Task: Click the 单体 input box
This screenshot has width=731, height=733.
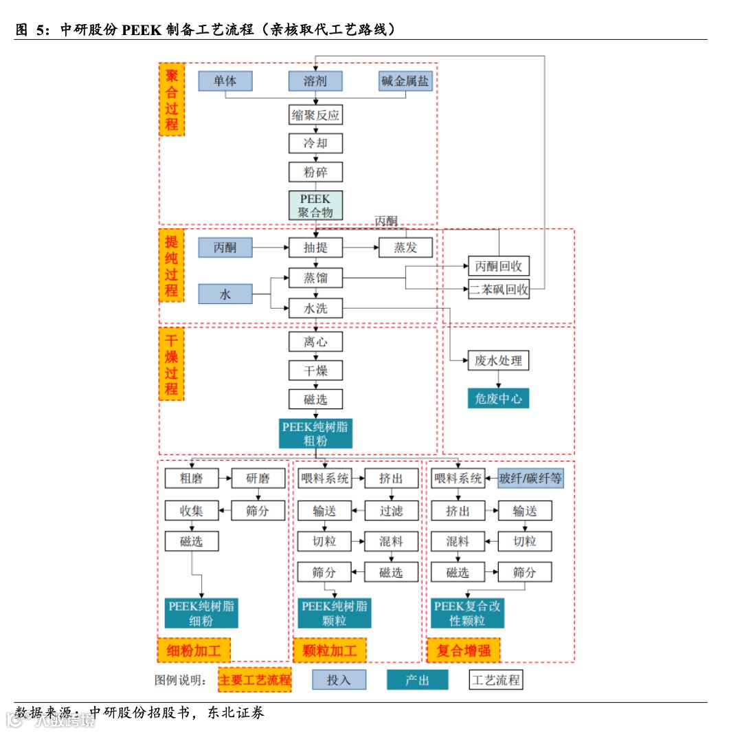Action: pos(225,81)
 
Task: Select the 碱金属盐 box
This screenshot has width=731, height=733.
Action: pos(405,81)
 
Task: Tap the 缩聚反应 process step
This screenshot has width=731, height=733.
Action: pos(315,115)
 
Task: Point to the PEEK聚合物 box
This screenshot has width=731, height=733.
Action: pos(315,206)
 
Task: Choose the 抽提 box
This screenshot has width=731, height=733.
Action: pos(315,248)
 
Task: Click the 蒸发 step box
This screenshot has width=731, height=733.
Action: pos(405,248)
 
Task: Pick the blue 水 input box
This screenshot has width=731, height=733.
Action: pos(225,294)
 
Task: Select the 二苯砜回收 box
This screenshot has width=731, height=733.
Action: pos(499,289)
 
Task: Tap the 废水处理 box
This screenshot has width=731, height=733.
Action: pos(499,360)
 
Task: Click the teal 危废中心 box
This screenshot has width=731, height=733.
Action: pos(499,398)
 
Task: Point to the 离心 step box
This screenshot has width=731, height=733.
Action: pos(315,342)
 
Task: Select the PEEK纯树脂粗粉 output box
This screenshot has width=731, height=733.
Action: pos(315,434)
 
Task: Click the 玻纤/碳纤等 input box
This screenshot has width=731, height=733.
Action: pos(530,478)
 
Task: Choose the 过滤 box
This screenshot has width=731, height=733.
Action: pos(391,510)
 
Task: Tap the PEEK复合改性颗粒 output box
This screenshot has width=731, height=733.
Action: pos(467,613)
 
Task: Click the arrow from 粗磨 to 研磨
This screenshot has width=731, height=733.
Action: pos(225,478)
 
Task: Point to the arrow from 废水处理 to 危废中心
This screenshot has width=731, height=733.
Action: pos(499,380)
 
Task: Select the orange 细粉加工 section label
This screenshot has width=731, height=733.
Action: pos(194,650)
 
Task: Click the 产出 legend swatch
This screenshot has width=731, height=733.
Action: pos(417,680)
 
